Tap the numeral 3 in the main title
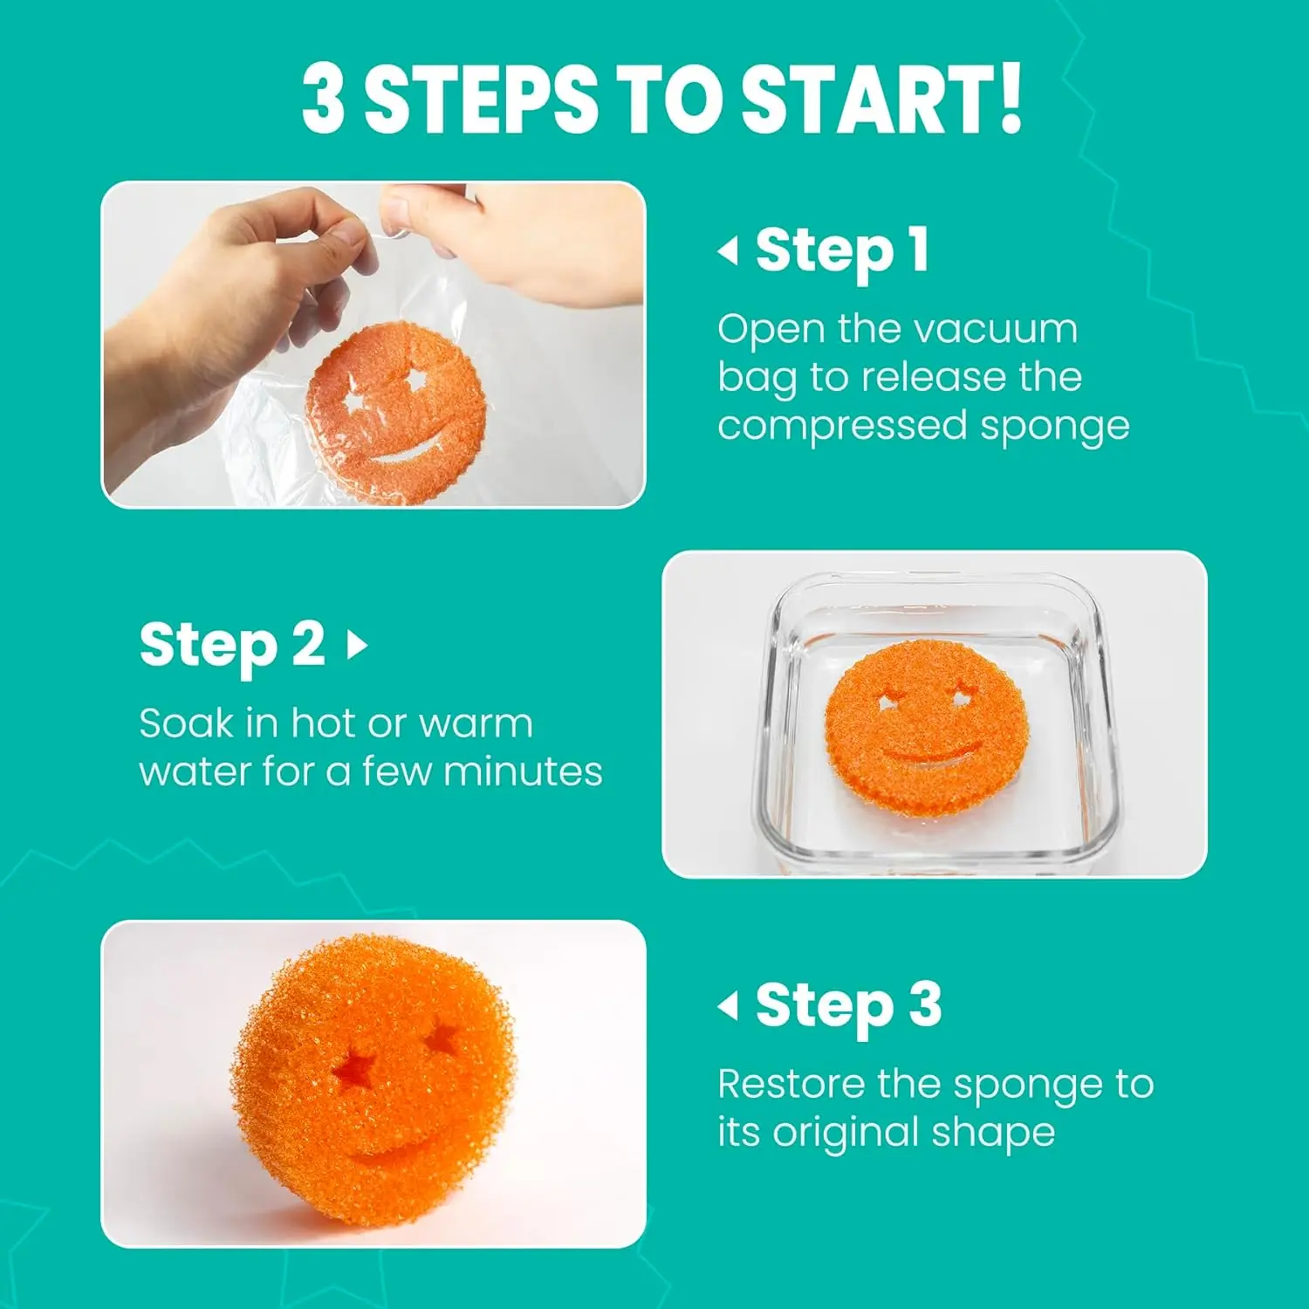pos(325,99)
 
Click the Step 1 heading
pos(842,250)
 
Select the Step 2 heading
pos(232,645)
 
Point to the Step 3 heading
pos(848,1005)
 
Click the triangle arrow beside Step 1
pos(728,251)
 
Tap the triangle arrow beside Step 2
pos(357,646)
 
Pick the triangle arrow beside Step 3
pos(728,1006)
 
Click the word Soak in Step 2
pos(187,723)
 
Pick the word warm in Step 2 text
pos(476,723)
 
